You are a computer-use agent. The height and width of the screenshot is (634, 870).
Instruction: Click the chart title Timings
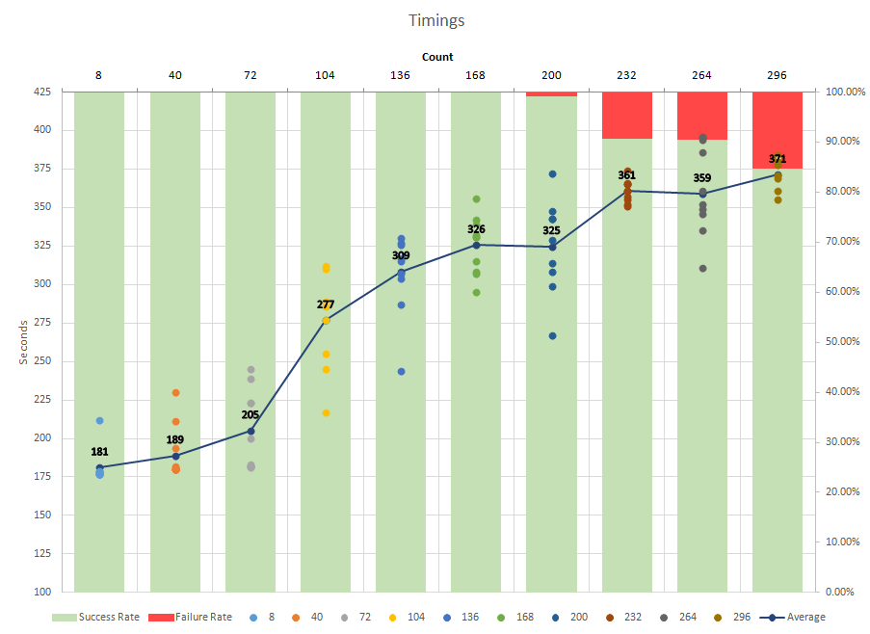tap(435, 19)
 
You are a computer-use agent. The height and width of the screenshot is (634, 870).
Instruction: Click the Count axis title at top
tap(436, 57)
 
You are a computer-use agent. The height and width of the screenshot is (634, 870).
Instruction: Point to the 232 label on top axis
tap(626, 74)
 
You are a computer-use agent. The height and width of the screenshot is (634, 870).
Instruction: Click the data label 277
tap(326, 304)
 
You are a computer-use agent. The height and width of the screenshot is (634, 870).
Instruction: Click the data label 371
tap(778, 159)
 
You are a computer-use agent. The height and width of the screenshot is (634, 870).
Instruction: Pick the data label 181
tap(99, 451)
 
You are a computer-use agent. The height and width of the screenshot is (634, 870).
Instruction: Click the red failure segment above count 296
tap(777, 129)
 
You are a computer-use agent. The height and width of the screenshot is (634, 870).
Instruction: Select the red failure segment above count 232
tap(626, 115)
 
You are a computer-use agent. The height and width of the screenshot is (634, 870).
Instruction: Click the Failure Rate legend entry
tap(204, 617)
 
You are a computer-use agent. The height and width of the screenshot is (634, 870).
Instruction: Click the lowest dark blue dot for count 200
tap(552, 335)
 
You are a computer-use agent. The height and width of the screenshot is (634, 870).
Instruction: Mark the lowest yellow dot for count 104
tap(326, 412)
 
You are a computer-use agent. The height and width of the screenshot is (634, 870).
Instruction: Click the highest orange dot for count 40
tap(175, 393)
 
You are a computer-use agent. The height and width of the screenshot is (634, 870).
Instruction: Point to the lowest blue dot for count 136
tap(401, 371)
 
